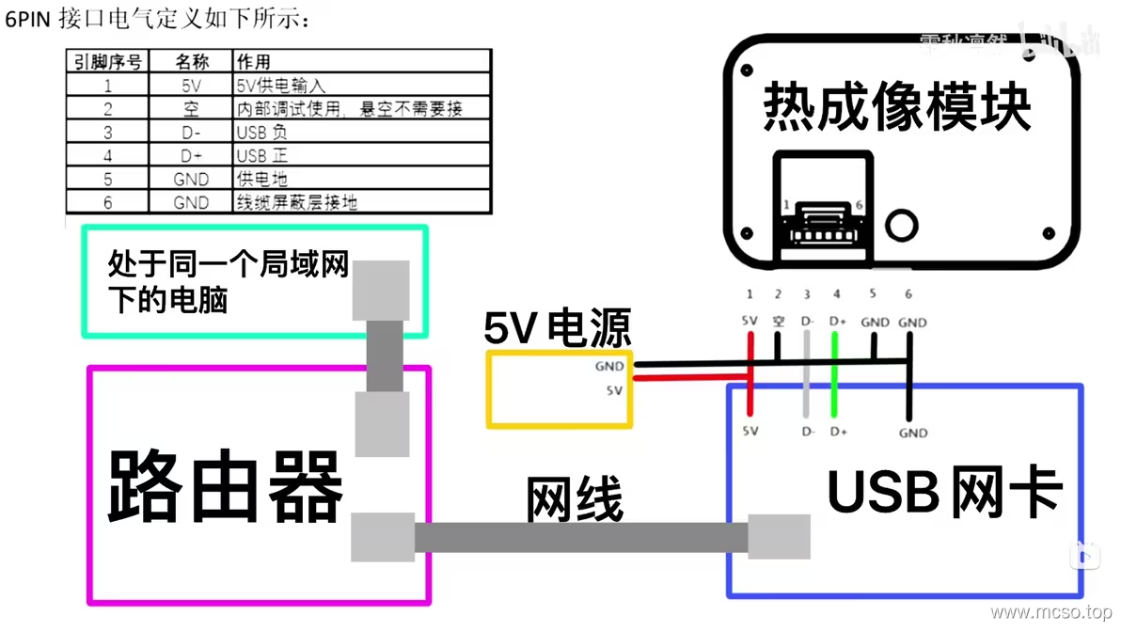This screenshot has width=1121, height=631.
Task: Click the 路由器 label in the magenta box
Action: click(x=227, y=486)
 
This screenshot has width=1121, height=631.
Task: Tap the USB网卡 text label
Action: click(x=944, y=491)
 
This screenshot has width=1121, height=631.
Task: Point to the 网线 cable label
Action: click(x=574, y=499)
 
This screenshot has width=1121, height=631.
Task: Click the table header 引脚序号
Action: click(x=108, y=62)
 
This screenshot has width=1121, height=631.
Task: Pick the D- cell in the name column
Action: click(x=192, y=133)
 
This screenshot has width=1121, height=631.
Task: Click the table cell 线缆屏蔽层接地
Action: click(x=296, y=202)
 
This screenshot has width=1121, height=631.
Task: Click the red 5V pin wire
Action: click(x=750, y=376)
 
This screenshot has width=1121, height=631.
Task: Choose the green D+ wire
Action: click(x=835, y=376)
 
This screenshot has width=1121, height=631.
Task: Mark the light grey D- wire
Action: click(x=806, y=376)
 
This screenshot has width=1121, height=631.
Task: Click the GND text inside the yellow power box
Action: click(x=609, y=367)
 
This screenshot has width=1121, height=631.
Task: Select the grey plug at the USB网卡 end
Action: click(x=779, y=537)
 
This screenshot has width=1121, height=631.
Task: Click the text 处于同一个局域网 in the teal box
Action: click(x=229, y=264)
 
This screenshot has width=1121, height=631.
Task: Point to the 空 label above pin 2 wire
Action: click(x=779, y=322)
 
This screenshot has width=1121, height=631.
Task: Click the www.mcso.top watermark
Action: click(x=1050, y=613)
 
